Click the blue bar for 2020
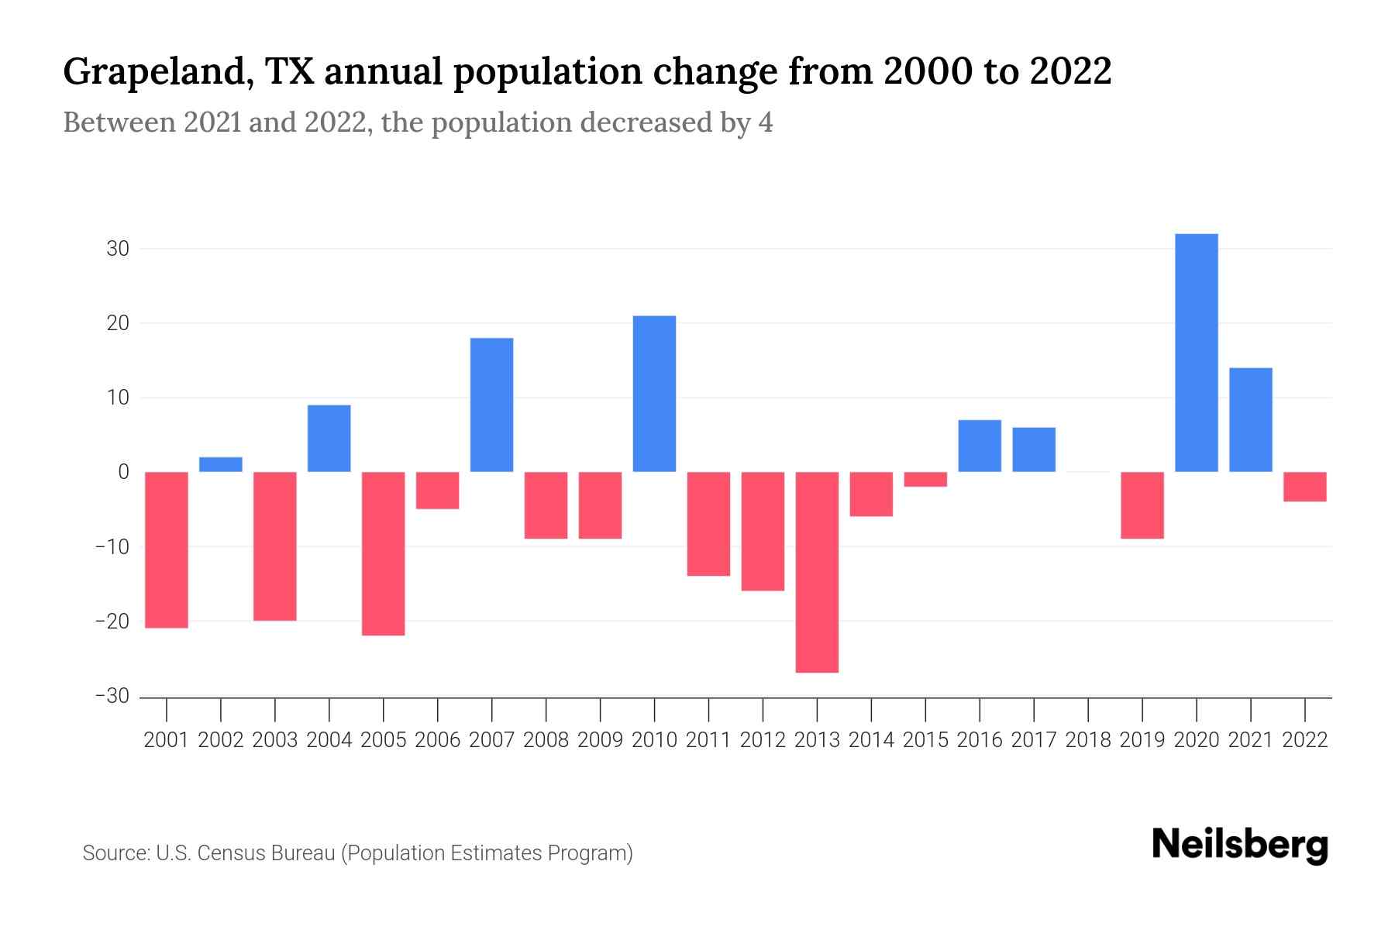[x=1197, y=353]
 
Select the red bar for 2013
[x=817, y=572]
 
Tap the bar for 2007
[x=491, y=405]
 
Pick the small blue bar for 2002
[x=221, y=464]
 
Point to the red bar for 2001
[x=167, y=549]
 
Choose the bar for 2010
[x=654, y=394]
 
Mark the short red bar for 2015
[x=925, y=479]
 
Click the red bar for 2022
[x=1305, y=487]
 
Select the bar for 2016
[x=980, y=446]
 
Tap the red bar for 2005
[x=384, y=553]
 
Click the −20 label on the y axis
[x=112, y=621]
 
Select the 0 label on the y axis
[x=123, y=472]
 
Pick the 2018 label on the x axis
[x=1088, y=740]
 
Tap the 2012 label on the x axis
[x=763, y=740]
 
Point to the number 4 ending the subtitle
[x=765, y=123]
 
